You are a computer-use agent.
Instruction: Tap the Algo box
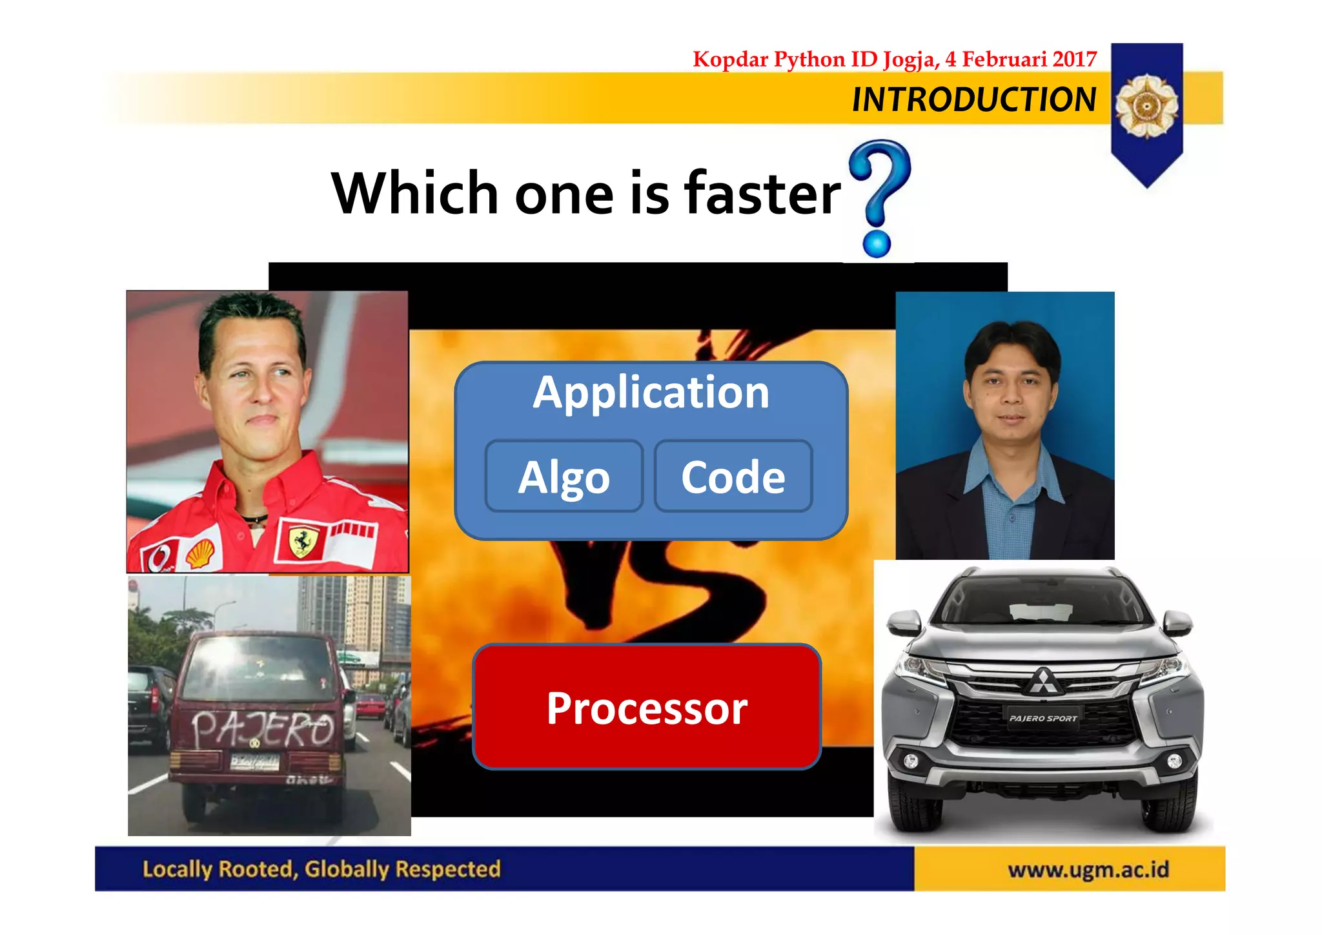click(x=564, y=477)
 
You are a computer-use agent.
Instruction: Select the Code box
click(x=733, y=477)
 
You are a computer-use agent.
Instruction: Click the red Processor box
click(x=647, y=707)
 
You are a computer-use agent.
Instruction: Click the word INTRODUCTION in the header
click(x=973, y=99)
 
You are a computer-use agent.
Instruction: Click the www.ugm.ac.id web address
click(x=1088, y=870)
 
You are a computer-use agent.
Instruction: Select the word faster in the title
click(x=762, y=193)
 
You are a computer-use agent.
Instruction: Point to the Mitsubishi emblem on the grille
click(x=1041, y=681)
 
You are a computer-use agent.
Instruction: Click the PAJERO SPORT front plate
click(x=1042, y=718)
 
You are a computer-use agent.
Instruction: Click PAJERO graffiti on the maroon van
click(x=261, y=730)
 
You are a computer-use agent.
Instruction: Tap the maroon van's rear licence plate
click(x=255, y=762)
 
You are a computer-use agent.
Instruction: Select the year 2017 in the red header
click(x=1074, y=59)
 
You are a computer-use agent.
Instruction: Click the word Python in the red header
click(x=809, y=59)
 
